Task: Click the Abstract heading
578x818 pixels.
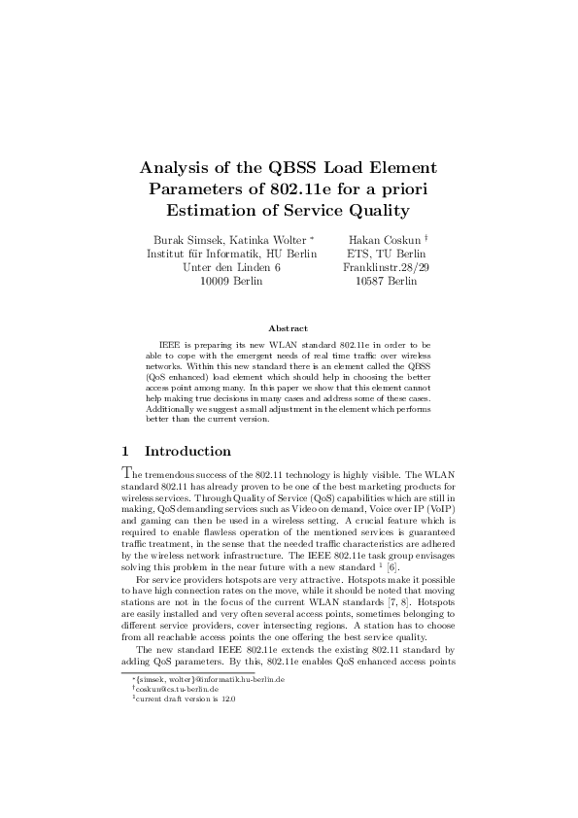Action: (289, 328)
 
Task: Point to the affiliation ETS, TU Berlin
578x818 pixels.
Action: (386, 254)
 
